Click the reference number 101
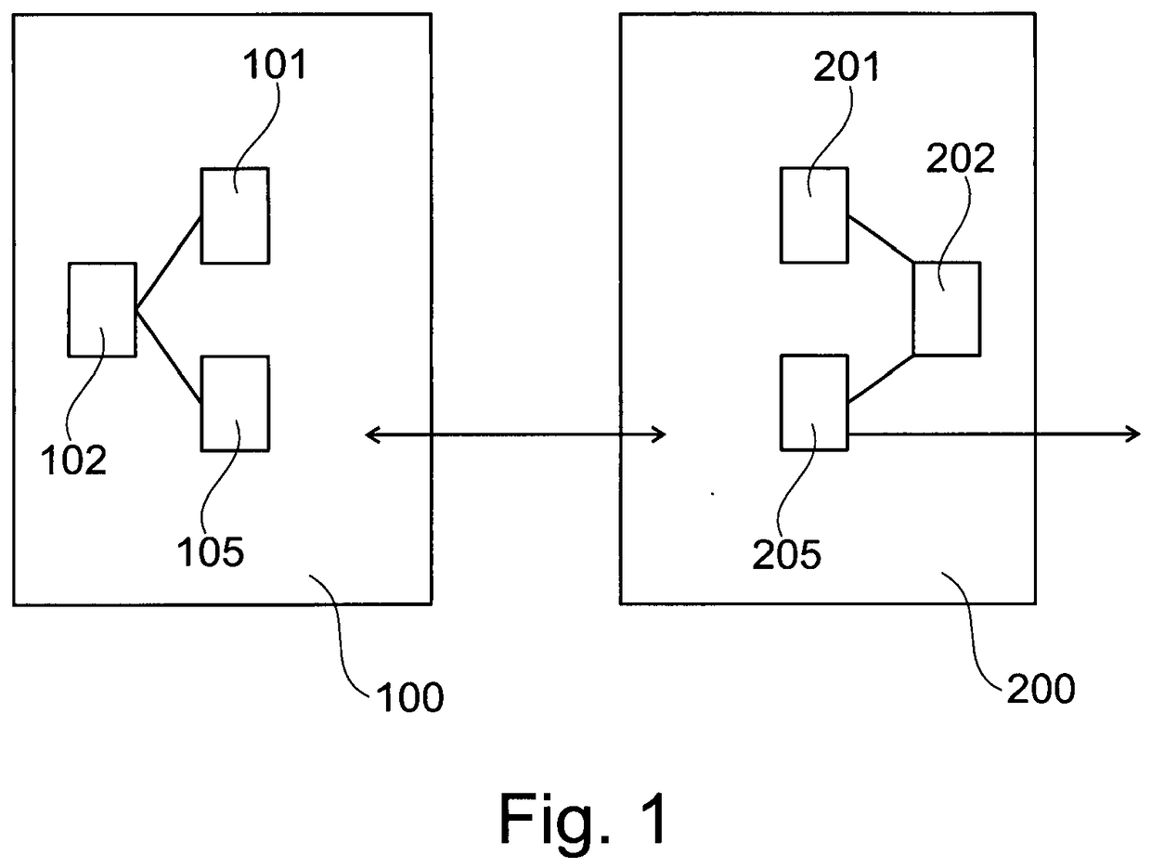coord(274,64)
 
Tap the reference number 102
coord(73,460)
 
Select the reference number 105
coord(211,551)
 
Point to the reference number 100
coord(410,697)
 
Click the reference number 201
coord(847,67)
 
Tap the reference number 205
coord(786,554)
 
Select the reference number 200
coord(1041,689)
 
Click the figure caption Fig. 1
coord(583,819)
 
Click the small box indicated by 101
coord(236,215)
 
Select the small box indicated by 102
coord(102,309)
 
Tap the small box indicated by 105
coord(236,403)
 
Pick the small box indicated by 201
coord(814,215)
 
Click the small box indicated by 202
coord(947,309)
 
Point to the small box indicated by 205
coord(814,403)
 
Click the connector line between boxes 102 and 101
coord(169,264)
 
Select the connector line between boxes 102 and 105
coord(169,356)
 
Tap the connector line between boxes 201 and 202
coord(881,239)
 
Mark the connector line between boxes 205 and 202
coord(881,379)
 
